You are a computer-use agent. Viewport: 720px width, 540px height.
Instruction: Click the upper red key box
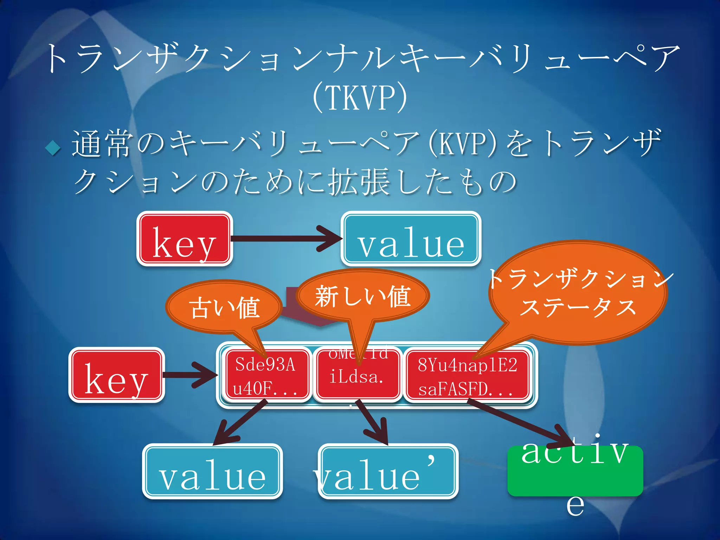(x=185, y=239)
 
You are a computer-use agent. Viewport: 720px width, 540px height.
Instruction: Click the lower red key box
(x=116, y=375)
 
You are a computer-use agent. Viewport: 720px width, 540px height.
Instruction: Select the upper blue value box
(x=411, y=239)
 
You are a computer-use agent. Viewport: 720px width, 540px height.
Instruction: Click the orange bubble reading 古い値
(x=224, y=307)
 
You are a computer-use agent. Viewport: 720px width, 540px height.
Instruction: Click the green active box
(x=575, y=471)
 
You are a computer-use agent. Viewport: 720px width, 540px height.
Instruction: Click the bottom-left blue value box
(x=212, y=471)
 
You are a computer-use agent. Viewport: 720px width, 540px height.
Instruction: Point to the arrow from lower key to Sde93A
(x=190, y=375)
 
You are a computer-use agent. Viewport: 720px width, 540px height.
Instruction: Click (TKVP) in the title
(x=359, y=97)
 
